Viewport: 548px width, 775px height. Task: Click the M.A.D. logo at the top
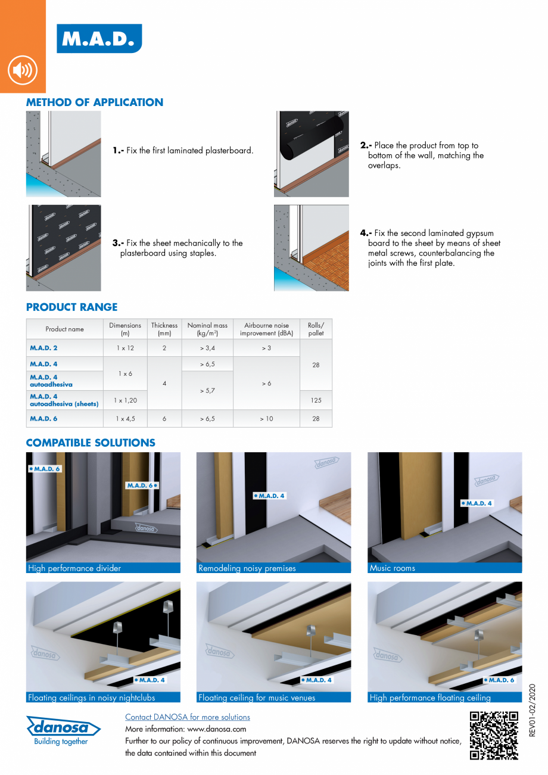pyautogui.click(x=99, y=39)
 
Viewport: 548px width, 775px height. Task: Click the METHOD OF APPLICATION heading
pyautogui.click(x=94, y=102)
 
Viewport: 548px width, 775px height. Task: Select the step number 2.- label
pyautogui.click(x=366, y=145)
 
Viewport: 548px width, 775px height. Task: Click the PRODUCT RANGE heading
pyautogui.click(x=71, y=307)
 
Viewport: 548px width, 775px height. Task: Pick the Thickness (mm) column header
pyautogui.click(x=164, y=329)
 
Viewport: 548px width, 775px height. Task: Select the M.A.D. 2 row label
pyautogui.click(x=44, y=348)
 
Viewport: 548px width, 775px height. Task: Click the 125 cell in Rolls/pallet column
pyautogui.click(x=316, y=401)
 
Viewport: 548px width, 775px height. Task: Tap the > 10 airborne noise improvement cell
pyautogui.click(x=266, y=419)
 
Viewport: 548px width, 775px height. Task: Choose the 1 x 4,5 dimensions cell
pyautogui.click(x=125, y=419)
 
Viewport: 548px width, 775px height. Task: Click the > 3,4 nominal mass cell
pyautogui.click(x=207, y=348)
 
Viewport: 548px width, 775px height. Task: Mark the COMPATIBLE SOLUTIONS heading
pyautogui.click(x=91, y=443)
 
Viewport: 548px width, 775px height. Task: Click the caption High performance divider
pyautogui.click(x=74, y=568)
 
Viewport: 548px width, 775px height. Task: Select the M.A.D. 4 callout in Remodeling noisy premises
pyautogui.click(x=270, y=496)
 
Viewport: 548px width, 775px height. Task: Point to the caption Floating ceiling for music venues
pyautogui.click(x=257, y=698)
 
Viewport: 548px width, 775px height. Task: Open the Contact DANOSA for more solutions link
pyautogui.click(x=187, y=717)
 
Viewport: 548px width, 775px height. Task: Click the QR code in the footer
pyautogui.click(x=494, y=736)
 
